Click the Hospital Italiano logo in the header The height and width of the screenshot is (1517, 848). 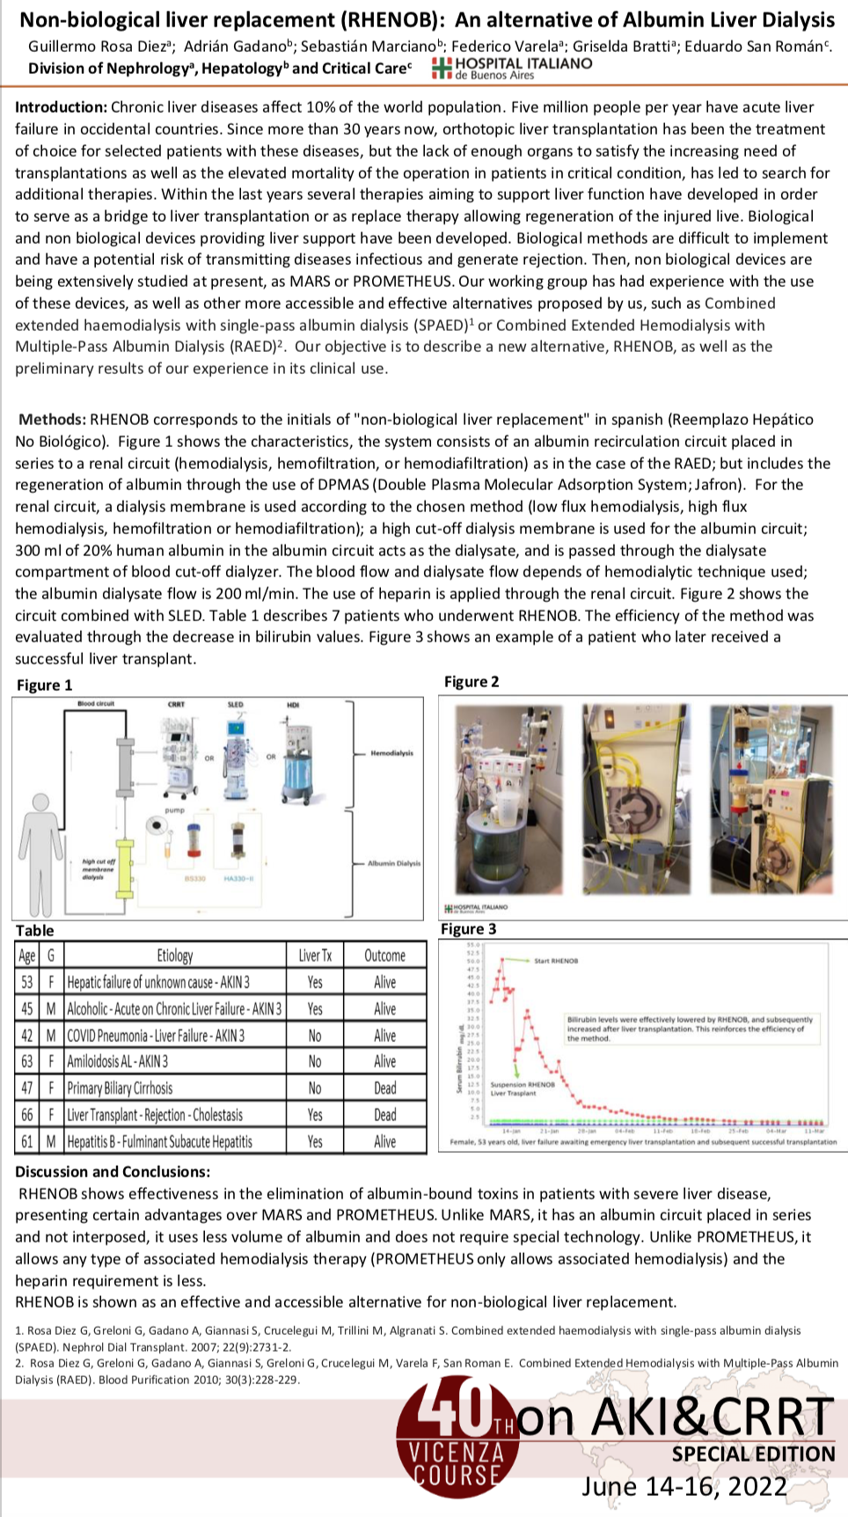pos(513,68)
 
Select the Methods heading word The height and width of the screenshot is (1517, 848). pos(52,420)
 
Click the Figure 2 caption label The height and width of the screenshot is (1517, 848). pos(472,682)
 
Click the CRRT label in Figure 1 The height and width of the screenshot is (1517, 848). pos(176,705)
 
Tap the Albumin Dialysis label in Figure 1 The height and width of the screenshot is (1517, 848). pos(393,863)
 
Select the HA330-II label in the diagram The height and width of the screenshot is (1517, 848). pos(238,878)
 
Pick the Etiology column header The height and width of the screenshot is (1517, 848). pos(175,956)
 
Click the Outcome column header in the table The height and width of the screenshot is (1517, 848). pos(384,956)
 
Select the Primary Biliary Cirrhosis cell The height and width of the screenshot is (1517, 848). pos(121,1088)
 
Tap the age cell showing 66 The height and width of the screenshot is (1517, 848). pos(27,1115)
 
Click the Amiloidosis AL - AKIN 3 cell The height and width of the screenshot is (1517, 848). pos(118,1062)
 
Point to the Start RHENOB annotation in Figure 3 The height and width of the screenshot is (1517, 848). pos(556,961)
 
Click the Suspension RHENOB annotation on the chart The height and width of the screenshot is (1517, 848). pos(523,1085)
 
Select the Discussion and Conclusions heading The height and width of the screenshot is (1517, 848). pos(113,1172)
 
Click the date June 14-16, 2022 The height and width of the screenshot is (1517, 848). pos(684,1486)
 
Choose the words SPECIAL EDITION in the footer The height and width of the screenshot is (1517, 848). pos(753,1455)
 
